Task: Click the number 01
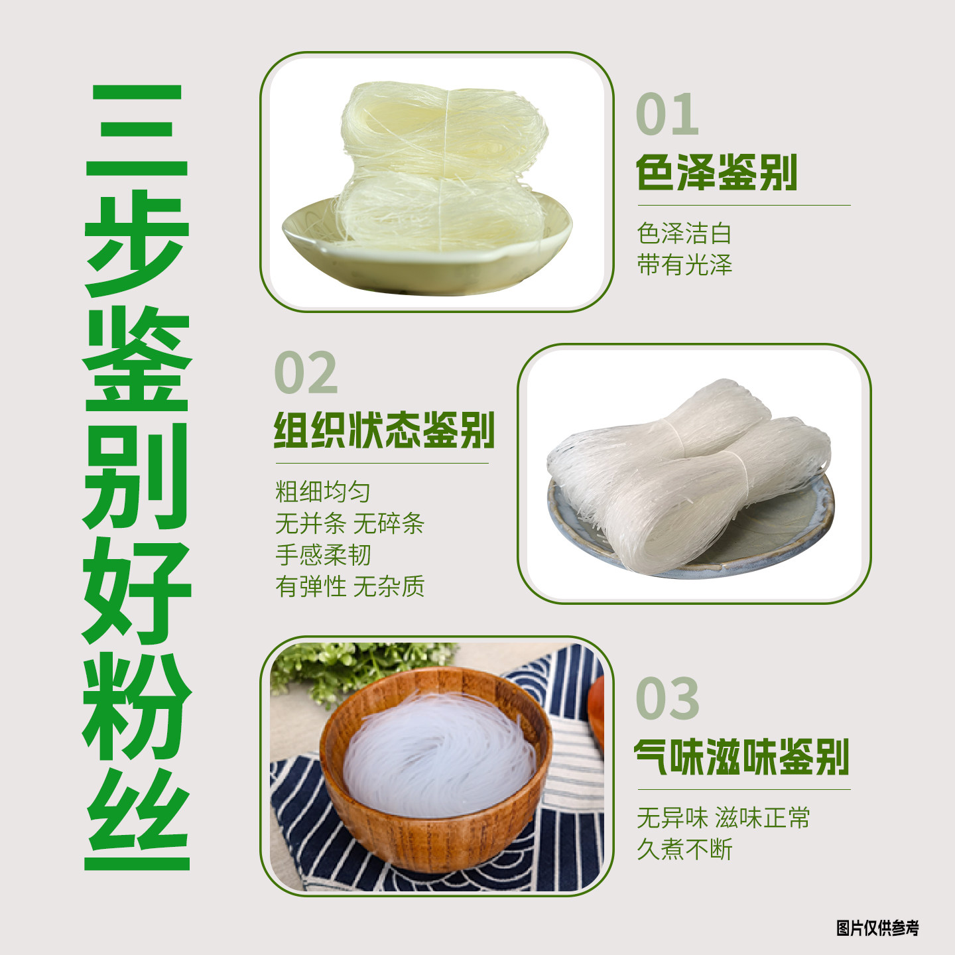(667, 115)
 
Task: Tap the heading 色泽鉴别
(716, 172)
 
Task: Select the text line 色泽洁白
(684, 233)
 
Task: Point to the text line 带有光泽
(684, 265)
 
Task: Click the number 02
(306, 373)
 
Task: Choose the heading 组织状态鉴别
(384, 430)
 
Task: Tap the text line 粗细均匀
(322, 492)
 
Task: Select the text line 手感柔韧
(322, 555)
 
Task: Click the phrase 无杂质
(389, 587)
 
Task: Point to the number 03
(667, 698)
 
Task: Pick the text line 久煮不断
(684, 850)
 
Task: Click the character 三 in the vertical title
(137, 131)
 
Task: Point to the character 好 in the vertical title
(137, 590)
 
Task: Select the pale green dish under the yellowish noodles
(424, 265)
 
